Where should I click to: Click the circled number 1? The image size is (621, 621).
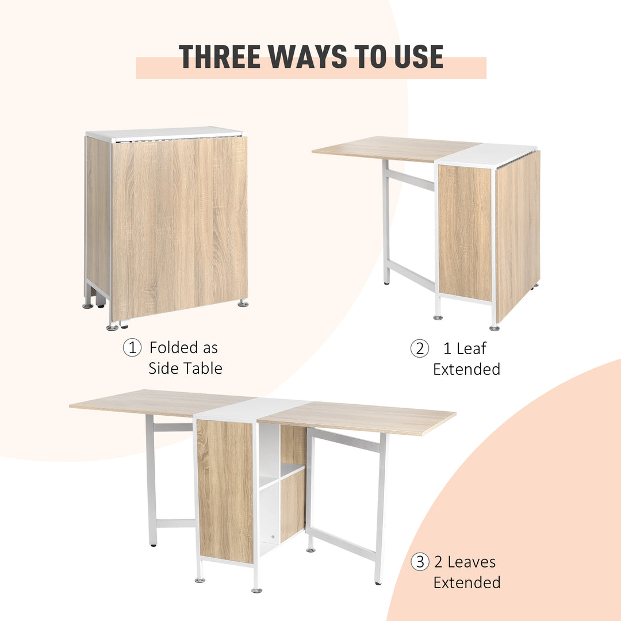tap(132, 348)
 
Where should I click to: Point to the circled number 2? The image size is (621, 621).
tap(419, 348)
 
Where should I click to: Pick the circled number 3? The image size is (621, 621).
tap(420, 562)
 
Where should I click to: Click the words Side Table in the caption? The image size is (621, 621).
tap(185, 369)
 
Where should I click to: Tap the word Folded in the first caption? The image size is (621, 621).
tap(170, 348)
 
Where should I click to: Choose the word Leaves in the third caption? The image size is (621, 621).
tap(471, 562)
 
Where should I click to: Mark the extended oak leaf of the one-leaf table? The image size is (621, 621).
tap(391, 148)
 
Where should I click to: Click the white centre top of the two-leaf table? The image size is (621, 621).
tap(253, 408)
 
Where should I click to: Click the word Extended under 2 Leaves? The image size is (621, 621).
tap(467, 582)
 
